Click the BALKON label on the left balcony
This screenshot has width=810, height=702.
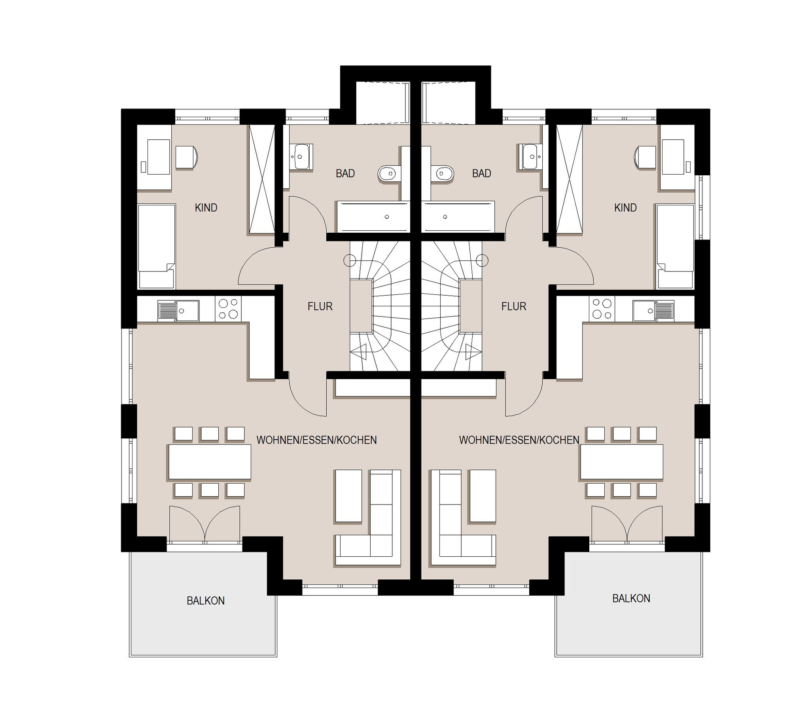[206, 601]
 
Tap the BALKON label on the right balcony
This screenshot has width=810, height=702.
[631, 598]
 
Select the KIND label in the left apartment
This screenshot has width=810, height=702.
[206, 208]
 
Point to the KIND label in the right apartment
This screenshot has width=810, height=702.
[625, 208]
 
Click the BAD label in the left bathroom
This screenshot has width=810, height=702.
[345, 173]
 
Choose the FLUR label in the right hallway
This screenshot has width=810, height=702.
[514, 306]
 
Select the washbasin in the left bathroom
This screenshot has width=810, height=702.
[301, 157]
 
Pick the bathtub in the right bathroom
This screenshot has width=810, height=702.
[458, 216]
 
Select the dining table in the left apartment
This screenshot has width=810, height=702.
[210, 461]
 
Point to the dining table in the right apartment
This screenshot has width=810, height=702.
[622, 461]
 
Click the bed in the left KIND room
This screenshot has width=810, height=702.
[157, 246]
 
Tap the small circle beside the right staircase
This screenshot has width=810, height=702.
[482, 260]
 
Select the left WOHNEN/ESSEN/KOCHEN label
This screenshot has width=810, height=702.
[316, 440]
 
